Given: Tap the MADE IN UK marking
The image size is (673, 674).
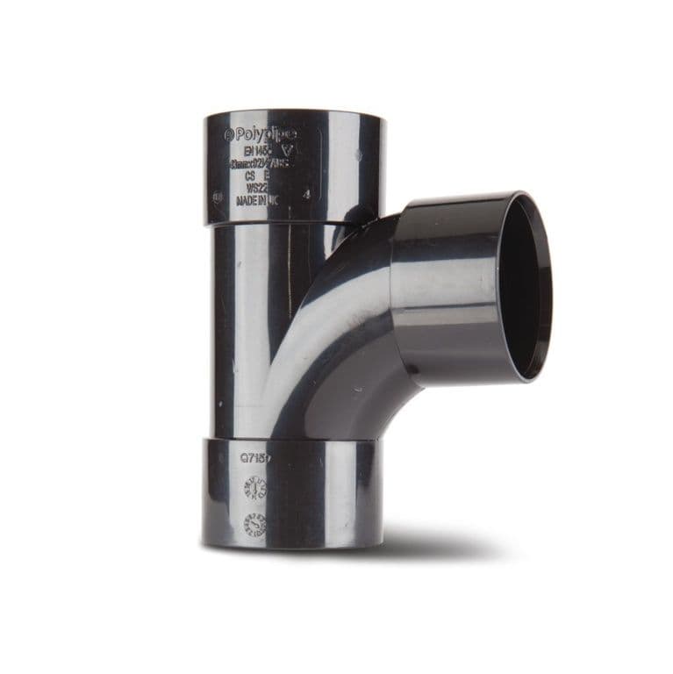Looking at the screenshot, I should pyautogui.click(x=261, y=202).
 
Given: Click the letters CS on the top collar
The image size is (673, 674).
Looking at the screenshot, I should pyautogui.click(x=250, y=176).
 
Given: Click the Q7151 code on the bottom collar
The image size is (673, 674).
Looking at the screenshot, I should pyautogui.click(x=257, y=457).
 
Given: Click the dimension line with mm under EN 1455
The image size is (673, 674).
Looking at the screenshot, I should pyautogui.click(x=261, y=163).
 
